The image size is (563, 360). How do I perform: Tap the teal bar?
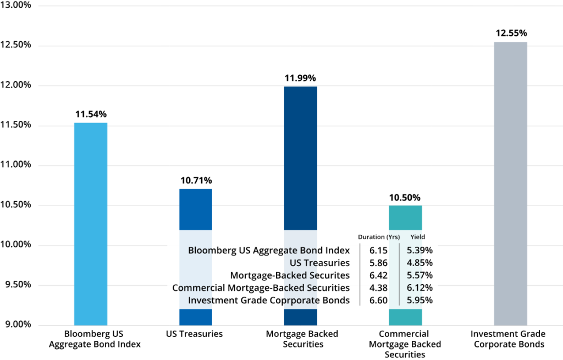point(406,217)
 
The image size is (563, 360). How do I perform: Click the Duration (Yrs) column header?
point(379,237)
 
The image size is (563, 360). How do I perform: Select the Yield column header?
point(417,237)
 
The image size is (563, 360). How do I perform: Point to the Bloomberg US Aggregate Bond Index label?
point(269,251)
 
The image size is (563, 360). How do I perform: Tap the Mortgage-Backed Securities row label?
point(290,275)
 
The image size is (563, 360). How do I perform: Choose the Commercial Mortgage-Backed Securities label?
point(261,287)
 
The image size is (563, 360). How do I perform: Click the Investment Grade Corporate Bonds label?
point(269,300)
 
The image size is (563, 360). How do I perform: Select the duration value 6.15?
point(379,251)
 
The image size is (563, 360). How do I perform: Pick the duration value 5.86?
point(379,263)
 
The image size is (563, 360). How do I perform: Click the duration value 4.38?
point(379,287)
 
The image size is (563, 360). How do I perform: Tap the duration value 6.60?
point(379,300)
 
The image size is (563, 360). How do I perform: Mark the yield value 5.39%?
point(420,251)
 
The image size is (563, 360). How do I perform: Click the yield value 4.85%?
point(420,263)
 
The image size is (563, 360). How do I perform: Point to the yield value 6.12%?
point(420,287)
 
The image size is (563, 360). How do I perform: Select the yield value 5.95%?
point(420,300)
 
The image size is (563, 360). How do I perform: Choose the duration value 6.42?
point(379,275)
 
